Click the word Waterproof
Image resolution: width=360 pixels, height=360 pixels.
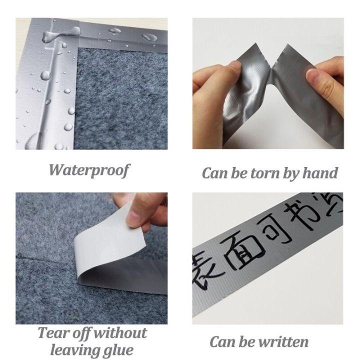tap(89, 170)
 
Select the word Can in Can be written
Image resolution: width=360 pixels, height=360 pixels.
tap(223, 342)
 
